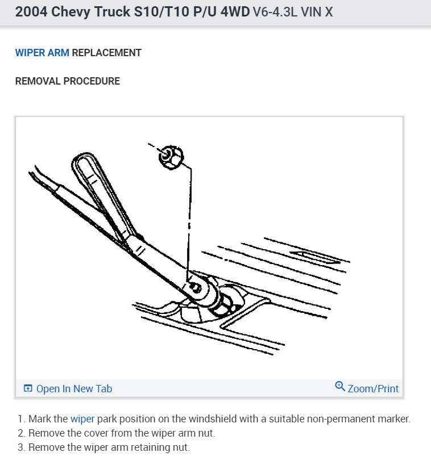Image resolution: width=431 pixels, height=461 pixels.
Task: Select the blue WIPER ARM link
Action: (x=42, y=53)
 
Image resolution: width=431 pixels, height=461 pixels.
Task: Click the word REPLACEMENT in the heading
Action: (x=107, y=53)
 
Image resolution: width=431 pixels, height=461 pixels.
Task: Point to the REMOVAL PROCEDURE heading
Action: (x=67, y=81)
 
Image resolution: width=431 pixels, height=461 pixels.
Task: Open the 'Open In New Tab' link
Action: (x=74, y=389)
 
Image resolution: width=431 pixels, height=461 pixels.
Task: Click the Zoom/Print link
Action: (x=373, y=389)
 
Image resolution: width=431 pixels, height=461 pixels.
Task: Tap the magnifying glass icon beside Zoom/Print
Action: (x=340, y=387)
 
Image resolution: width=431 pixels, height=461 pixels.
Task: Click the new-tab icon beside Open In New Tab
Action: (x=28, y=389)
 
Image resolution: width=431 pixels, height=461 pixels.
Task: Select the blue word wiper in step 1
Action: (x=82, y=419)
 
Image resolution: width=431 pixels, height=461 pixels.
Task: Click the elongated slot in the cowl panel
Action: (x=310, y=256)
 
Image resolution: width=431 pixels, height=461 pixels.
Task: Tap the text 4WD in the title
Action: (x=234, y=12)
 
